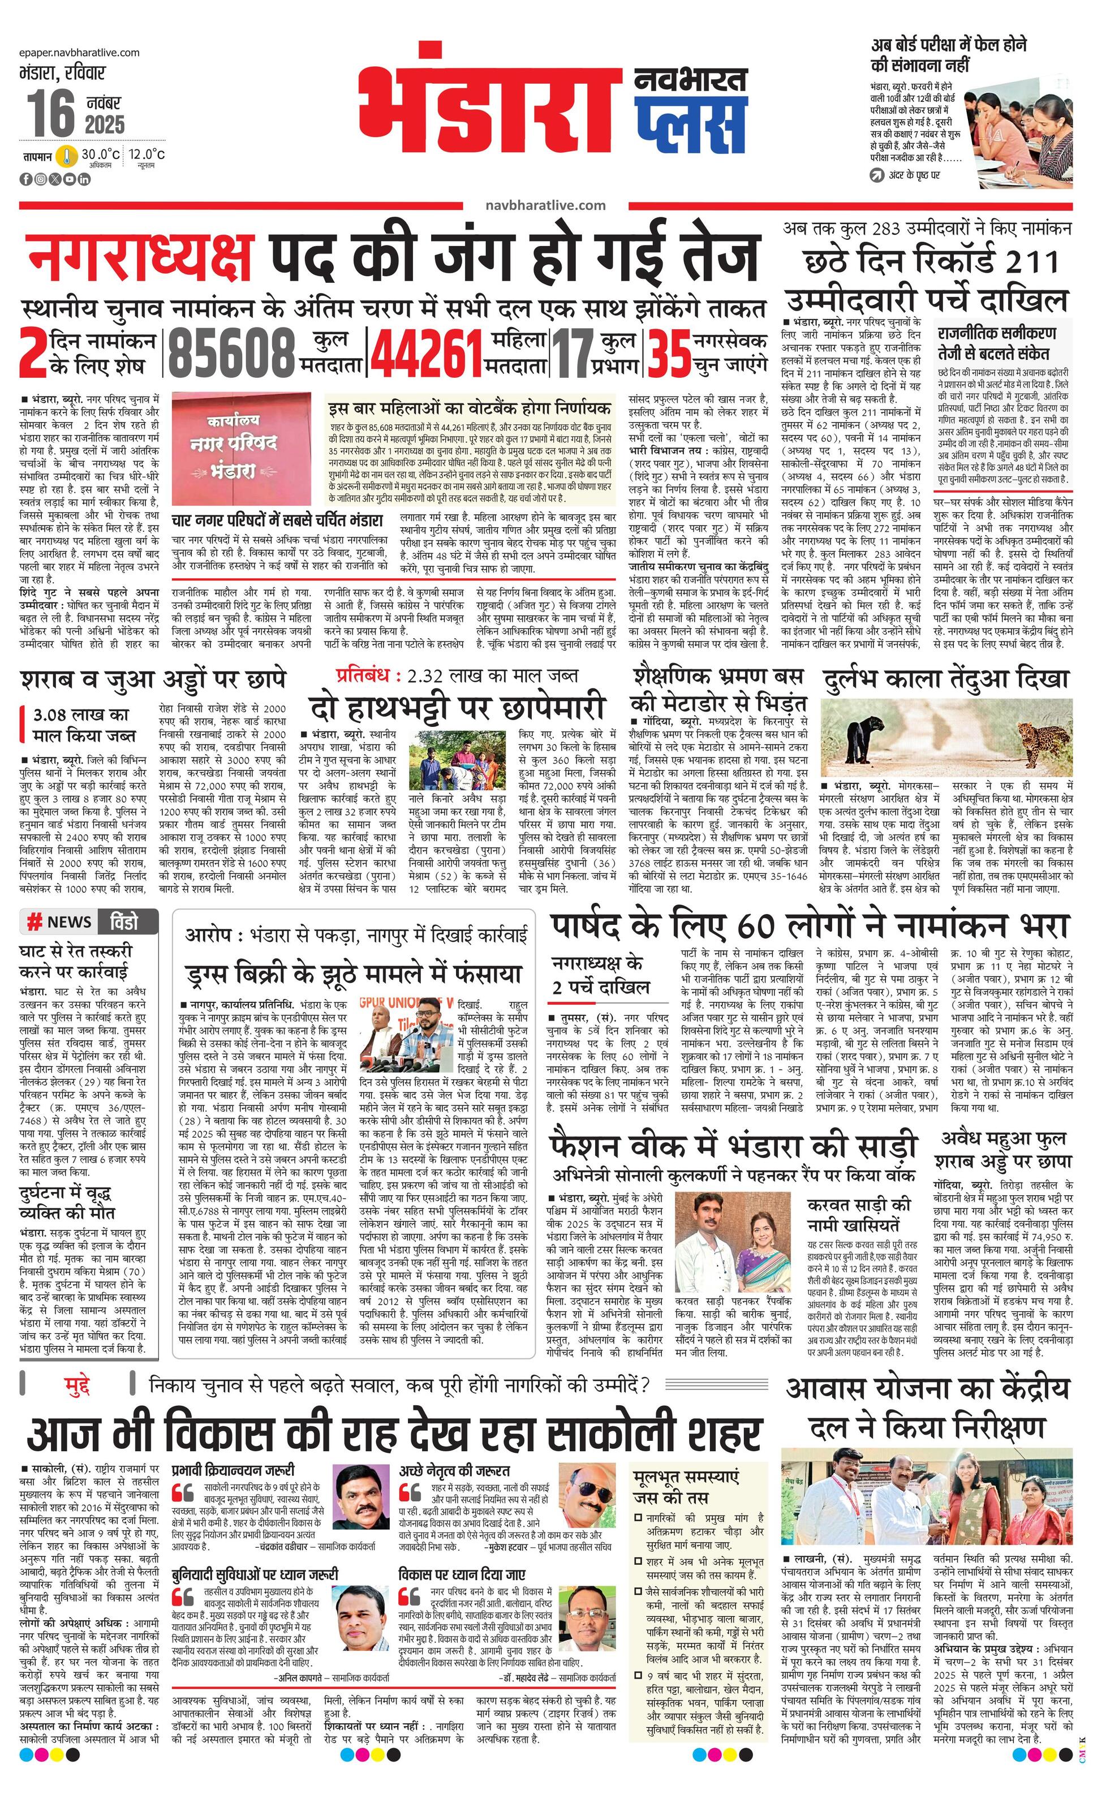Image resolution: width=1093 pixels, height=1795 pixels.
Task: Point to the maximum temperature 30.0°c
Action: tap(100, 154)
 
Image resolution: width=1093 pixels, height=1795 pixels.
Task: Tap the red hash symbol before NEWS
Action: tap(33, 922)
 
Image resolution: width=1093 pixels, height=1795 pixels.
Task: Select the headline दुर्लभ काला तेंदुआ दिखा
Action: tap(946, 678)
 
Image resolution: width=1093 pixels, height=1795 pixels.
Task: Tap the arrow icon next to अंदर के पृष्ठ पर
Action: tap(876, 175)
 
